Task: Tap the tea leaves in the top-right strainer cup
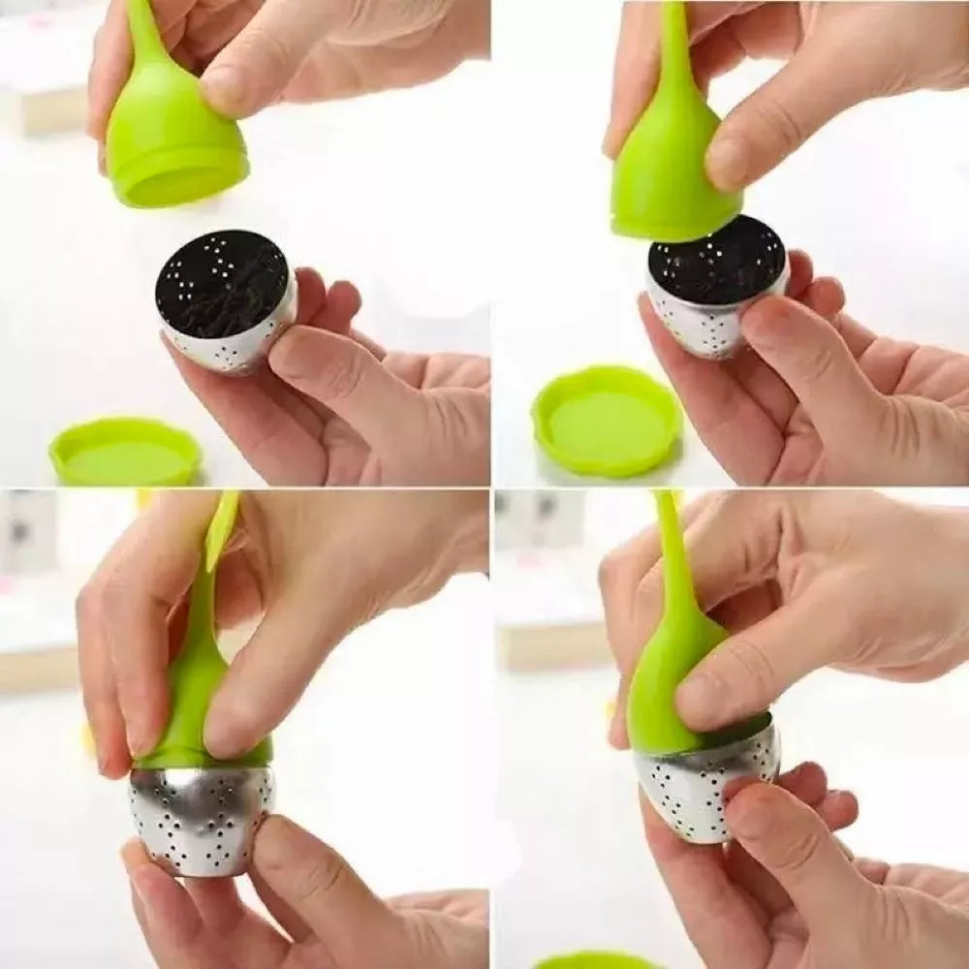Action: pyautogui.click(x=717, y=262)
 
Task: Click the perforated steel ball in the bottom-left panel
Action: pyautogui.click(x=199, y=819)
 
